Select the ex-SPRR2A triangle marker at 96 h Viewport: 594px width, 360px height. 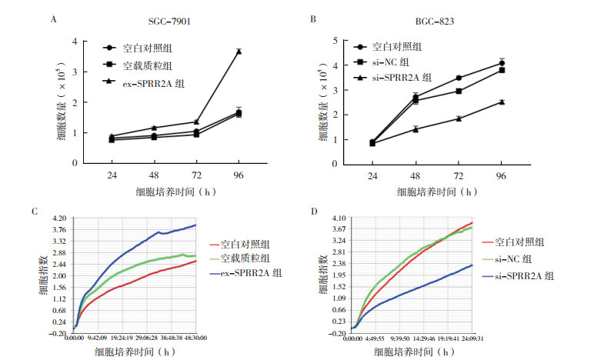click(239, 51)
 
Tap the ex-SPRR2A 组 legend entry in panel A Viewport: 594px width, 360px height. click(140, 81)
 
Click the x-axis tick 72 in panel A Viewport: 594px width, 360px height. click(197, 175)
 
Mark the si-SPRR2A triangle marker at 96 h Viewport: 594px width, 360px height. click(502, 101)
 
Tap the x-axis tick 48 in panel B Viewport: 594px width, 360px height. click(415, 175)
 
